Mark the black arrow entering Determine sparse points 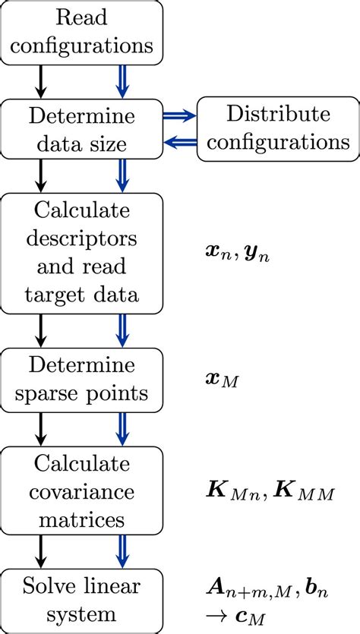pyautogui.click(x=39, y=329)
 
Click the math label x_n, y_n pyautogui.click(x=235, y=257)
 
